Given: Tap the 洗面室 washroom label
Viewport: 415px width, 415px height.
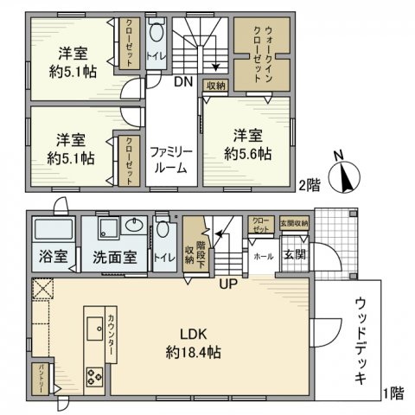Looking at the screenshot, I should click(116, 257).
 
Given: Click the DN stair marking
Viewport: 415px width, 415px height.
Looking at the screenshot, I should click(182, 83).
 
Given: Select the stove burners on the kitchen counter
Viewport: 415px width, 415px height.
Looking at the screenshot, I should click(93, 375).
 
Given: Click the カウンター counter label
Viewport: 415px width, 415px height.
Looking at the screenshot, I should click(113, 338).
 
